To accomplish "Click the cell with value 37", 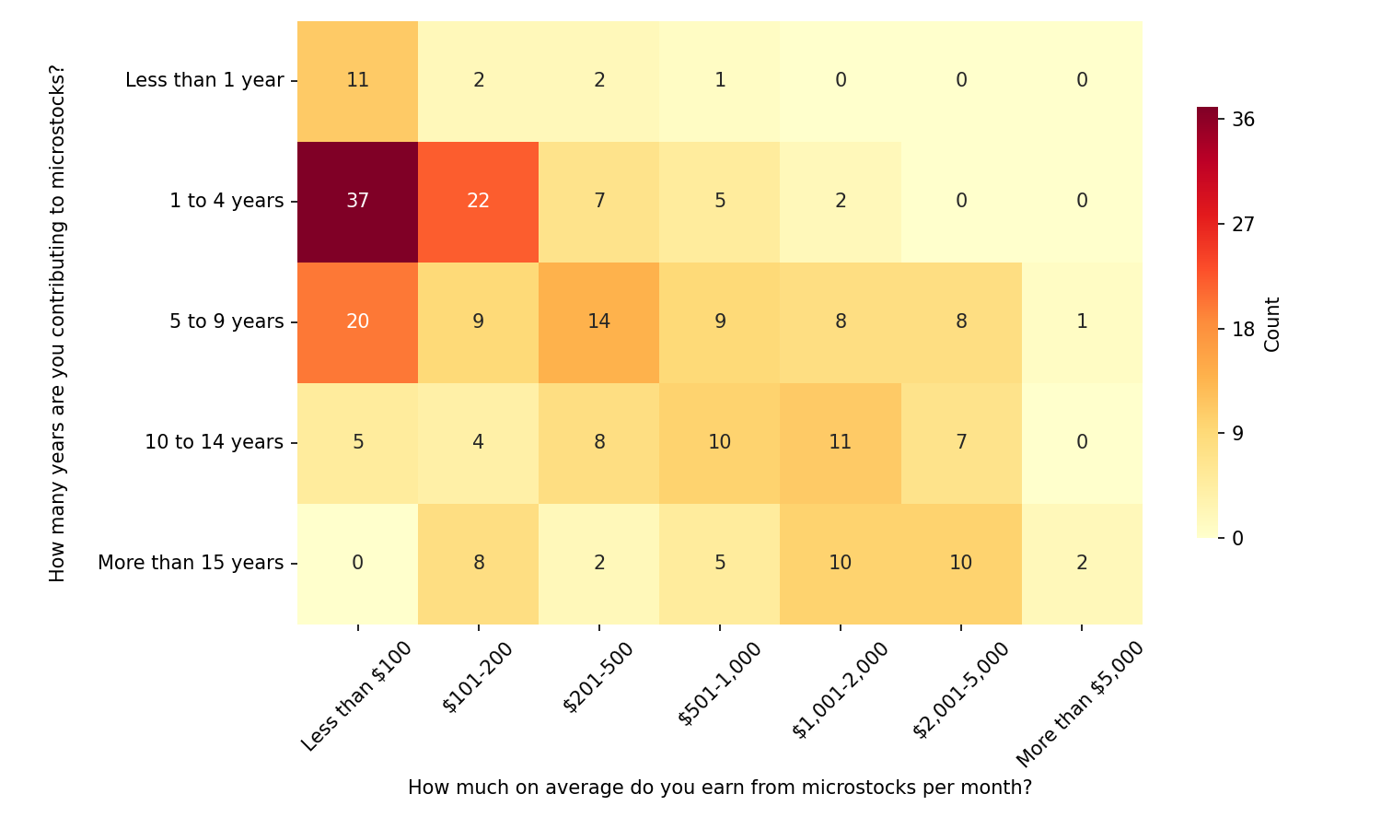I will click(x=357, y=201).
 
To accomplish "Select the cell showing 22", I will click(x=478, y=201).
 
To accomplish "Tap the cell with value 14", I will click(x=598, y=321).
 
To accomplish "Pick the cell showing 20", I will click(x=357, y=321).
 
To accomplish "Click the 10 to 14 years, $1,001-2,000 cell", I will click(x=840, y=442).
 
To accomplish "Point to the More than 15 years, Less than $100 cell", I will click(x=357, y=563).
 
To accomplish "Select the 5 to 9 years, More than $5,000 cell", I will click(x=1082, y=321).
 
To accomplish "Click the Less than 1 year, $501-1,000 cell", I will click(x=719, y=80).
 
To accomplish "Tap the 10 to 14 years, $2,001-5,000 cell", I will click(x=960, y=442).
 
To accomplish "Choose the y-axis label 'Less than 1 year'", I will click(x=204, y=80).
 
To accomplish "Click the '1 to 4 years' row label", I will click(x=226, y=201).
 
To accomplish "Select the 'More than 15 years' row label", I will click(x=191, y=563).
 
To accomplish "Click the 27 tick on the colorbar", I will click(x=1243, y=224).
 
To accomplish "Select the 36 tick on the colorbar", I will click(x=1243, y=120).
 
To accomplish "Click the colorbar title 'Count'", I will click(x=1272, y=323).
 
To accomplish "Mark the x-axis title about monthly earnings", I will click(x=719, y=788).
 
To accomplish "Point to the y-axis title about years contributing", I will click(x=58, y=323).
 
